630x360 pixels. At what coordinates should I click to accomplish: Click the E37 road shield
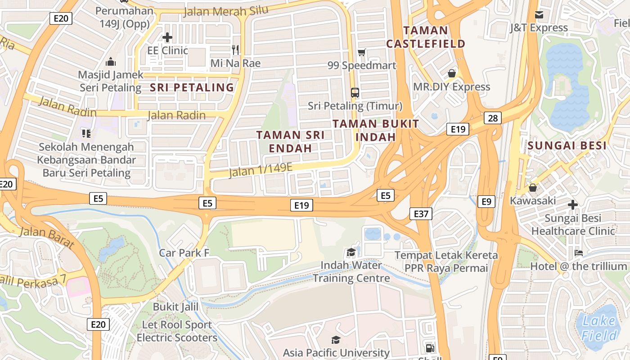[421, 214]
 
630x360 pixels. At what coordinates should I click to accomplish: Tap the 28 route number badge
[493, 118]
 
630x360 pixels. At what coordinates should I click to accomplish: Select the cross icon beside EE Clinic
[167, 37]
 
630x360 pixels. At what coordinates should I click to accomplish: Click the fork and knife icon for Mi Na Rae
[235, 49]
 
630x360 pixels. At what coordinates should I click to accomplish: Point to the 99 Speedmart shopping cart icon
[361, 53]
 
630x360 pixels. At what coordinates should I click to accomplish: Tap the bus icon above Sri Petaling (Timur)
[355, 93]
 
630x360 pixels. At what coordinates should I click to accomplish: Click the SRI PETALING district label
[192, 87]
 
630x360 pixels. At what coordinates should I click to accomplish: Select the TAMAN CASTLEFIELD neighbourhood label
[425, 37]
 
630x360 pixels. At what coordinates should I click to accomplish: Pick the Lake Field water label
[598, 328]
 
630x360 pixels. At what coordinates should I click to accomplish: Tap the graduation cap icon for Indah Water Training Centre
[351, 252]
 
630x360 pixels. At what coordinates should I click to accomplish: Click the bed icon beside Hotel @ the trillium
[579, 253]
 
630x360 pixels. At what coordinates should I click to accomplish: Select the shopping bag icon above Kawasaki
[533, 188]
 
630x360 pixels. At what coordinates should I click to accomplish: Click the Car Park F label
[184, 253]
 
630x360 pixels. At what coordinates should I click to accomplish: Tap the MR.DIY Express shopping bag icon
[452, 73]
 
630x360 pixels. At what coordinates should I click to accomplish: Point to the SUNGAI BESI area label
[567, 146]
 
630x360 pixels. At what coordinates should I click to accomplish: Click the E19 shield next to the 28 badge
[458, 130]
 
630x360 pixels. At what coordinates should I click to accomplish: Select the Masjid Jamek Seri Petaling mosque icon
[111, 62]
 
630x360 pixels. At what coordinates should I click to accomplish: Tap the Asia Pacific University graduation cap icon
[336, 340]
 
